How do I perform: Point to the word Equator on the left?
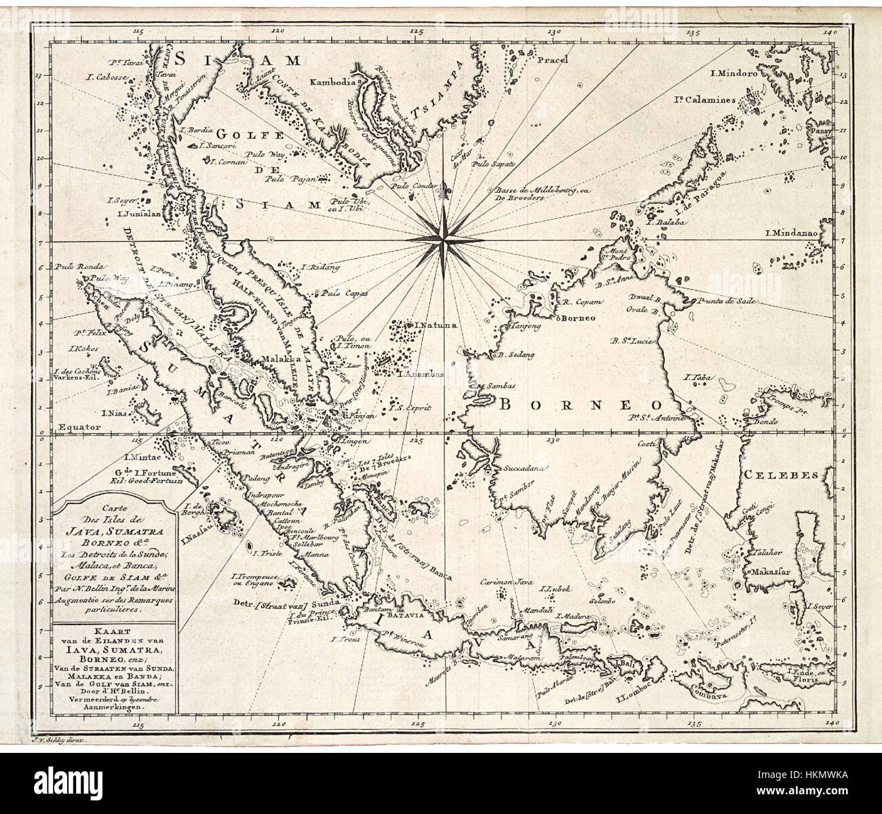(x=79, y=427)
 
